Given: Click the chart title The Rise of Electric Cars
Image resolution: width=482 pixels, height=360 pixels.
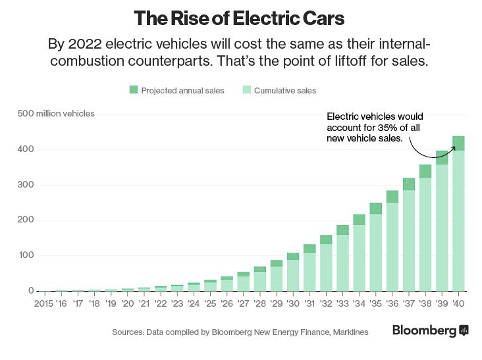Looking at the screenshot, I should pyautogui.click(x=239, y=18).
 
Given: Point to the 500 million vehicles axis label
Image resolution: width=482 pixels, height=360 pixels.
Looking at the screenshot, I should pyautogui.click(x=55, y=113).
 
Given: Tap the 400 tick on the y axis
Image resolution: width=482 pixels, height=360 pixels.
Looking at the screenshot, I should pyautogui.click(x=25, y=149).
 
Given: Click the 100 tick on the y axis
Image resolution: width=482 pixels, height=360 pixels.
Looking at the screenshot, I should pyautogui.click(x=25, y=255).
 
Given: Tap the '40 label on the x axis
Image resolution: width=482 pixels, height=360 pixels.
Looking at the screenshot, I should pyautogui.click(x=458, y=303).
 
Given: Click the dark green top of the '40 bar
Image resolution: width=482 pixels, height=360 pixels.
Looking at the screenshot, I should pyautogui.click(x=458, y=143).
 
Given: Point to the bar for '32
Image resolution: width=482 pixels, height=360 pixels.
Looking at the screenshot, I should pyautogui.click(x=325, y=263).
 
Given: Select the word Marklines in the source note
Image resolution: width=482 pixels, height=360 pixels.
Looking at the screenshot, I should pyautogui.click(x=348, y=332).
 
